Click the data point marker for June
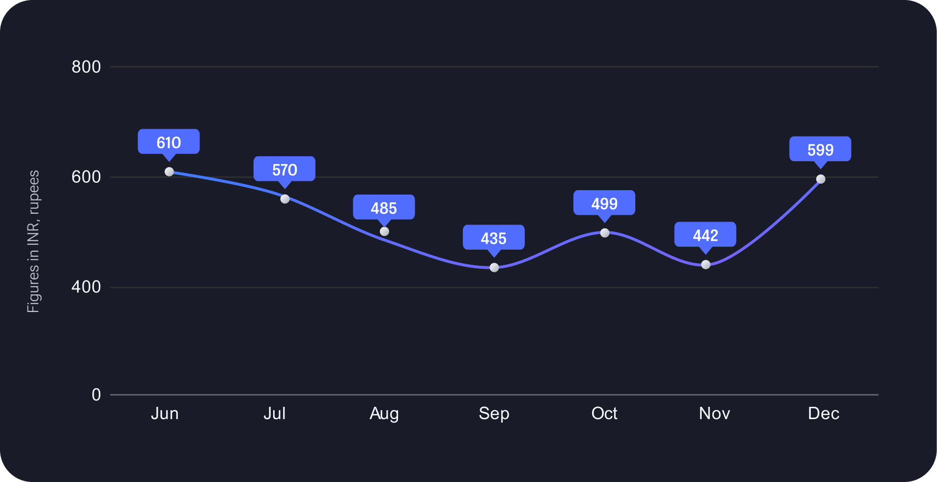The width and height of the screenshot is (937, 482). click(x=169, y=172)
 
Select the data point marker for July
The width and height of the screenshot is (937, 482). click(x=285, y=199)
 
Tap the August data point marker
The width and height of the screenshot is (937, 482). click(x=384, y=231)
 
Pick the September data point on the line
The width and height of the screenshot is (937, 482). click(x=494, y=268)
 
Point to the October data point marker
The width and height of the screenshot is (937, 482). click(x=605, y=233)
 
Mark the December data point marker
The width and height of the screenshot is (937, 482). click(x=821, y=179)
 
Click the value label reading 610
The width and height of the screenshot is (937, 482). click(x=169, y=142)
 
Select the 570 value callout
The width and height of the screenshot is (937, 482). click(x=284, y=169)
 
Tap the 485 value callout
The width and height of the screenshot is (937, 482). click(x=384, y=207)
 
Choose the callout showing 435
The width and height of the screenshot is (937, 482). click(x=493, y=238)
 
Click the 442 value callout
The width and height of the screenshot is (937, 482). click(x=705, y=235)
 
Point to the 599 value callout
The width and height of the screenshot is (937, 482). click(x=820, y=149)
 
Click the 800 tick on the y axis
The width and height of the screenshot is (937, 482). click(x=86, y=67)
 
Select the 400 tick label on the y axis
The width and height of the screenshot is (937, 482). click(x=86, y=287)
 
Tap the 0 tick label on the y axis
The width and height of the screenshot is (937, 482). click(x=96, y=395)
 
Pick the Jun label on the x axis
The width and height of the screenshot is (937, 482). click(x=165, y=413)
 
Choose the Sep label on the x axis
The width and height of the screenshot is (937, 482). click(x=494, y=413)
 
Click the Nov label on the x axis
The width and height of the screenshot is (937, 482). click(x=714, y=413)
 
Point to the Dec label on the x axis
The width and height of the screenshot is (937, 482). click(x=823, y=413)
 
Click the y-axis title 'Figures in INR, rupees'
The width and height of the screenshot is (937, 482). click(x=33, y=241)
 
